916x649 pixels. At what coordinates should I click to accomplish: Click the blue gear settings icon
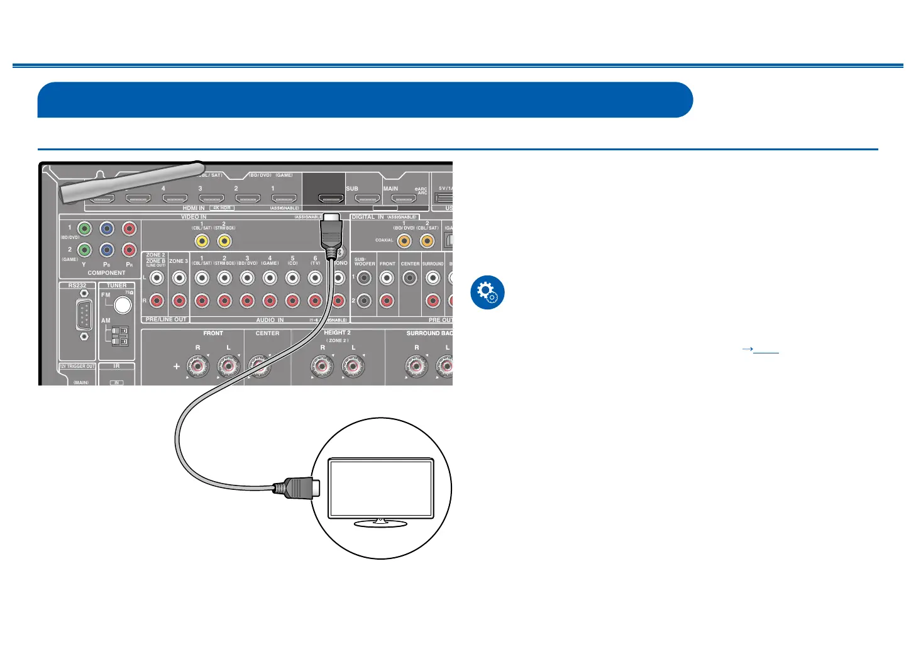pos(487,292)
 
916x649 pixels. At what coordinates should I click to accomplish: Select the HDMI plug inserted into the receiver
pos(331,231)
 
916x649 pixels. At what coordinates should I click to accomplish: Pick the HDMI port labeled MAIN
pos(402,199)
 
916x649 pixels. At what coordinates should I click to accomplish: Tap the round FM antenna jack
pos(123,305)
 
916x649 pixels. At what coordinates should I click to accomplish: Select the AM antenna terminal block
pos(119,336)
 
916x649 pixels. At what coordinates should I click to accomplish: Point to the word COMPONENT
pos(106,273)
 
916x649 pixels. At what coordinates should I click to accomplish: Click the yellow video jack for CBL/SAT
pos(202,241)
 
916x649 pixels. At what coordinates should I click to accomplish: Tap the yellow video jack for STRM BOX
pos(224,241)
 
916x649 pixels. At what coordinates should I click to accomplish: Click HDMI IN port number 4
pos(175,199)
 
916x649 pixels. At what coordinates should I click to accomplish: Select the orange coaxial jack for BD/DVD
pos(404,241)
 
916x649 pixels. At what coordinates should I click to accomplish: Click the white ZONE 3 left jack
pos(179,277)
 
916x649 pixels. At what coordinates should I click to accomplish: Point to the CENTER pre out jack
pos(410,277)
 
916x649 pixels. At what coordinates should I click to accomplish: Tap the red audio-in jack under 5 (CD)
pos(292,301)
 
